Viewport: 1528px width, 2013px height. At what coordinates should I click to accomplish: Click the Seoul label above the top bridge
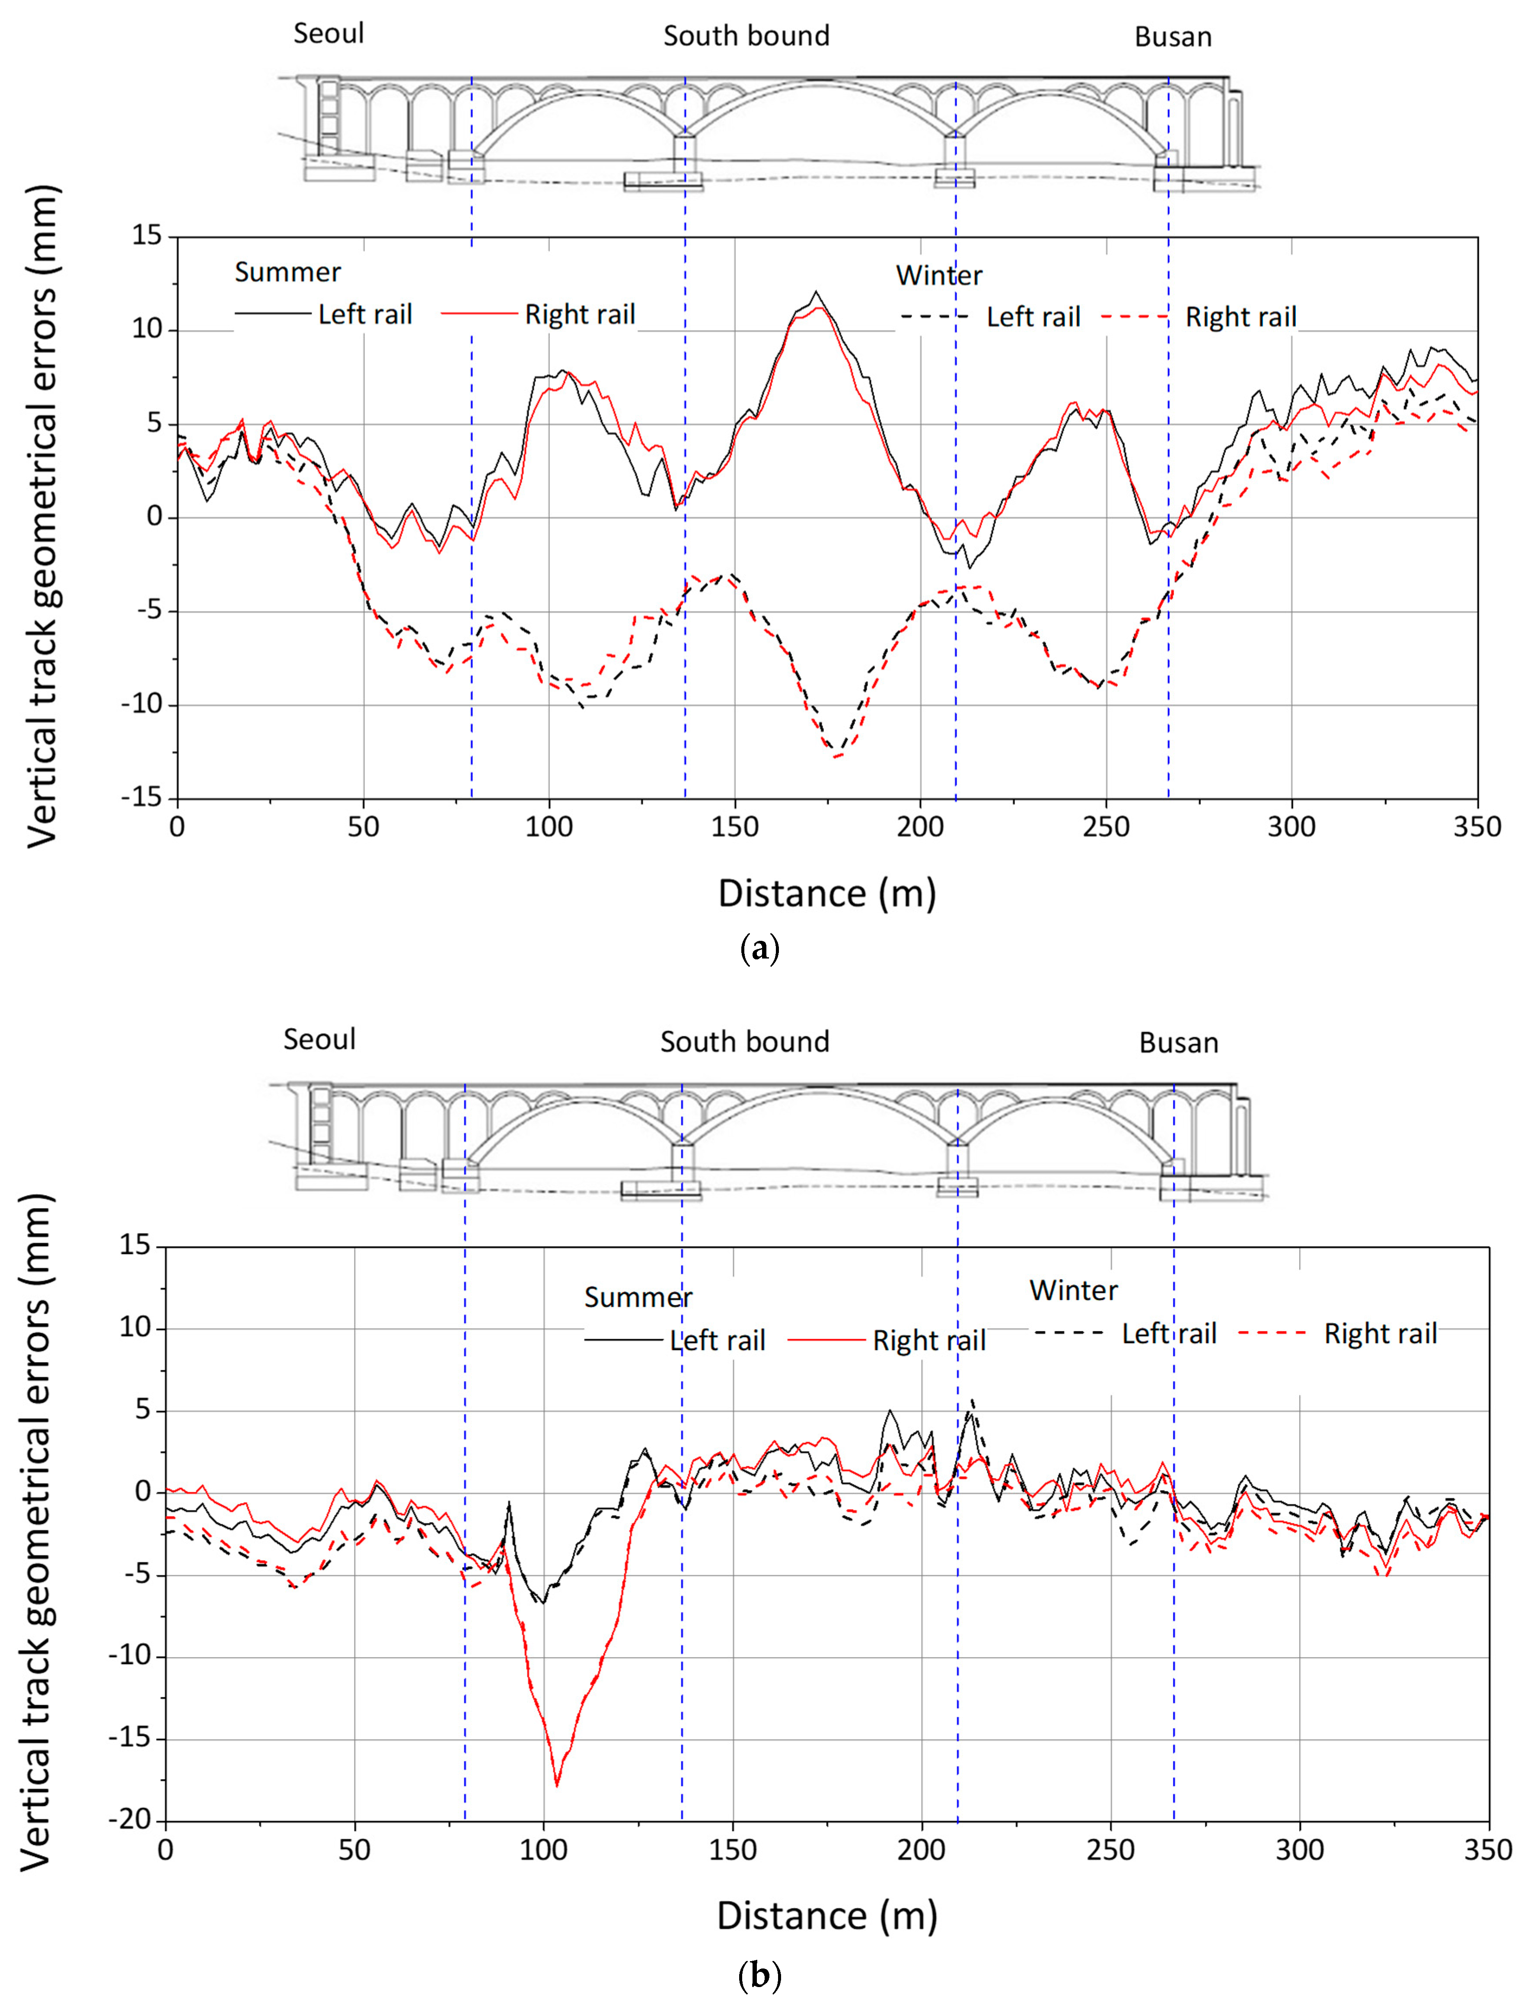[329, 34]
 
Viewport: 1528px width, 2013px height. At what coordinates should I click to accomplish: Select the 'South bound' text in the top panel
[746, 36]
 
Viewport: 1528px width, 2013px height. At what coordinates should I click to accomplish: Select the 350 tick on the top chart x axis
[1476, 827]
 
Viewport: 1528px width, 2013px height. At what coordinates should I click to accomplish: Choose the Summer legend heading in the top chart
[287, 272]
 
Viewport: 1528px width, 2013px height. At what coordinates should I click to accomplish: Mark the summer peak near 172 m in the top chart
[817, 293]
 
